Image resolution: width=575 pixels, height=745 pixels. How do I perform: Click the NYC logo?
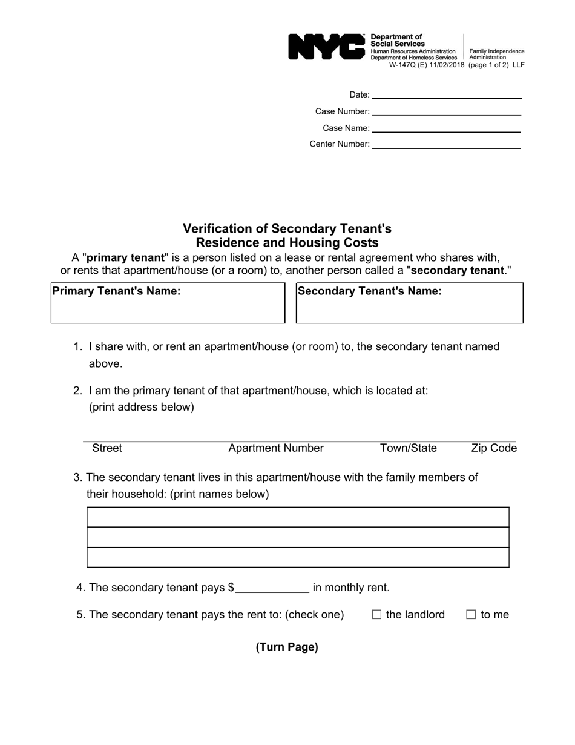pyautogui.click(x=326, y=47)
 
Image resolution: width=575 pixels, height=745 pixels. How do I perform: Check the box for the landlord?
pyautogui.click(x=376, y=615)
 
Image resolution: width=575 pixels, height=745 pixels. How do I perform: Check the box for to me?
pyautogui.click(x=471, y=615)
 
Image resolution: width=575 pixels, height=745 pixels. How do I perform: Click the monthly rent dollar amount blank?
pyautogui.click(x=272, y=588)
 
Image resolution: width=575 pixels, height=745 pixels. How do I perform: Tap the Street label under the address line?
pyautogui.click(x=107, y=448)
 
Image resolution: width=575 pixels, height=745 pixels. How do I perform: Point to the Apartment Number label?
pyautogui.click(x=276, y=448)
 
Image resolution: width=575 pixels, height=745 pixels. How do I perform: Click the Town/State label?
pyautogui.click(x=408, y=448)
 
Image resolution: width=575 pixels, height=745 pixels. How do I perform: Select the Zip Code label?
pyautogui.click(x=494, y=448)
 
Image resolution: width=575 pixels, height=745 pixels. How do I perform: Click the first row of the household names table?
pyautogui.click(x=298, y=517)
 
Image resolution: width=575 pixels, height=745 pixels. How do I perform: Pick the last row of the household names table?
pyautogui.click(x=298, y=557)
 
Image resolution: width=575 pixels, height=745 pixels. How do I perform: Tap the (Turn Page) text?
pyautogui.click(x=287, y=647)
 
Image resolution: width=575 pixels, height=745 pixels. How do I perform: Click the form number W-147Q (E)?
pyautogui.click(x=409, y=65)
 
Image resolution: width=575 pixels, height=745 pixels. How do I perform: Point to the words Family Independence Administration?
pyautogui.click(x=496, y=55)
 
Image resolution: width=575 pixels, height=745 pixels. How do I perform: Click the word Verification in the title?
pyautogui.click(x=225, y=229)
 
